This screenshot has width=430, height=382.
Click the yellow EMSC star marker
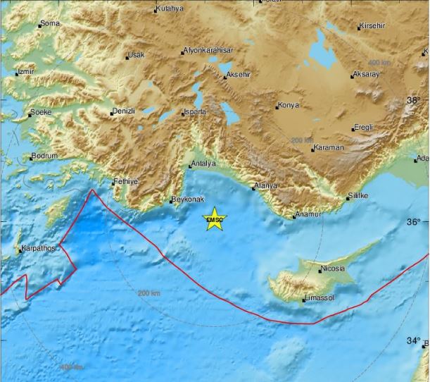214,220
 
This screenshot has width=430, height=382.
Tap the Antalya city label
203,164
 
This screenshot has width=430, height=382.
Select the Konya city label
289,106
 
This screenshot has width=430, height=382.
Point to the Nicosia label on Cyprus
331,269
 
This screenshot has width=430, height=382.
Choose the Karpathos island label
38,249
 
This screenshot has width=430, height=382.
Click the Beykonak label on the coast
188,200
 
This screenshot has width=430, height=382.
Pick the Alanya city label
266,186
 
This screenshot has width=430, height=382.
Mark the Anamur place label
308,214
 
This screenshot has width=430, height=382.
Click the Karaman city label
329,147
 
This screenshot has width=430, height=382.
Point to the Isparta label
195,112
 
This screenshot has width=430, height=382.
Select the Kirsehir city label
373,26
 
